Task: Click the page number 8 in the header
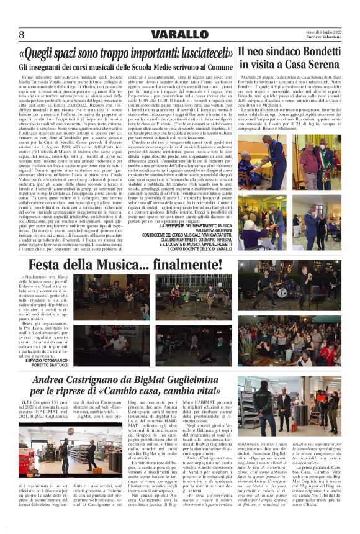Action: point(22,34)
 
